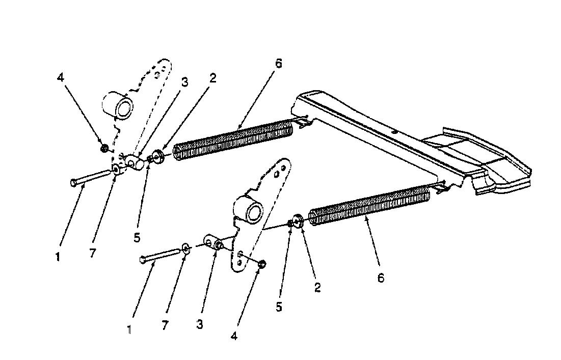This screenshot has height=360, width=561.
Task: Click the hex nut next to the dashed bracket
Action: tap(104, 148)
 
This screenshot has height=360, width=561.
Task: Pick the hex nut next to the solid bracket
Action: tap(262, 265)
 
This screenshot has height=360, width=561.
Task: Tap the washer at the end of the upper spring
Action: tap(158, 157)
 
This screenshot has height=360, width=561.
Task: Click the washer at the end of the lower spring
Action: tap(298, 220)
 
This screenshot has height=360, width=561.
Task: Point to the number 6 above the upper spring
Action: tap(279, 63)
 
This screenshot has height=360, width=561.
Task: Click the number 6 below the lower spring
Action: tap(381, 278)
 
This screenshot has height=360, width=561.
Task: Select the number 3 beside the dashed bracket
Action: tap(184, 82)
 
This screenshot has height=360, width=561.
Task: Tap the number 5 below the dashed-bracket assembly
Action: tap(137, 238)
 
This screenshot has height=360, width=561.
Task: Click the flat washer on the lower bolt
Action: tap(185, 248)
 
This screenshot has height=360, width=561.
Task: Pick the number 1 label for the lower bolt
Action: tap(129, 329)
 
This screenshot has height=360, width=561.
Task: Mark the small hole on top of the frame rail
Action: tap(393, 132)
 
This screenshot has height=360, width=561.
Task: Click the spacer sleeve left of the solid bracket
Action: tap(213, 243)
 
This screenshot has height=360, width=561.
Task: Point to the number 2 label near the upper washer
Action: tap(213, 78)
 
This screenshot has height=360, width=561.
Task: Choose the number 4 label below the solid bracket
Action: tap(234, 336)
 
